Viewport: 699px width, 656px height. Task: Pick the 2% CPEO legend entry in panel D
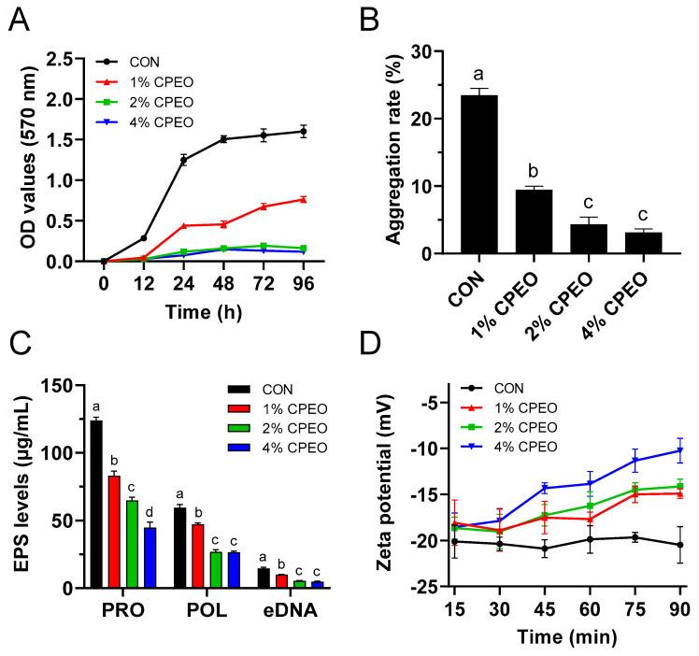click(x=518, y=428)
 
